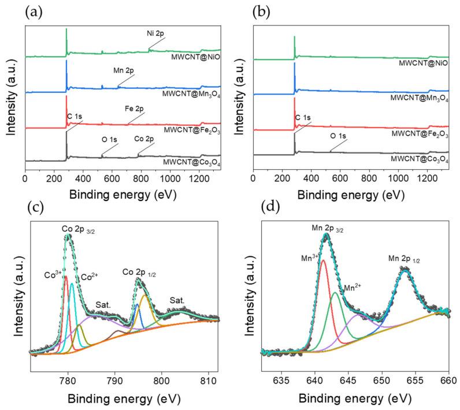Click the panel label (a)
tap(32, 12)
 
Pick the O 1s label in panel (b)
tap(340, 136)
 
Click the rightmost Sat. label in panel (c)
tap(177, 300)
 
